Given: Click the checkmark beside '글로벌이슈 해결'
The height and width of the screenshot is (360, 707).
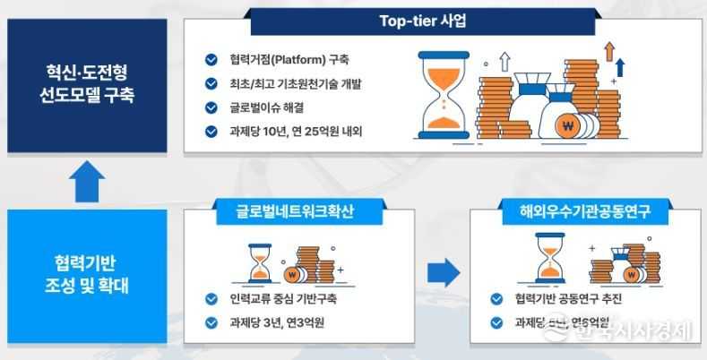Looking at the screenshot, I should [x=211, y=107].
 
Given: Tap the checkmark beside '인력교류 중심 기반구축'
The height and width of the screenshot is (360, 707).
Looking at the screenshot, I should [x=211, y=298].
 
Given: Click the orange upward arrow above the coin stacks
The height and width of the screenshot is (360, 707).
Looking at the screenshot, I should [x=608, y=50].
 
